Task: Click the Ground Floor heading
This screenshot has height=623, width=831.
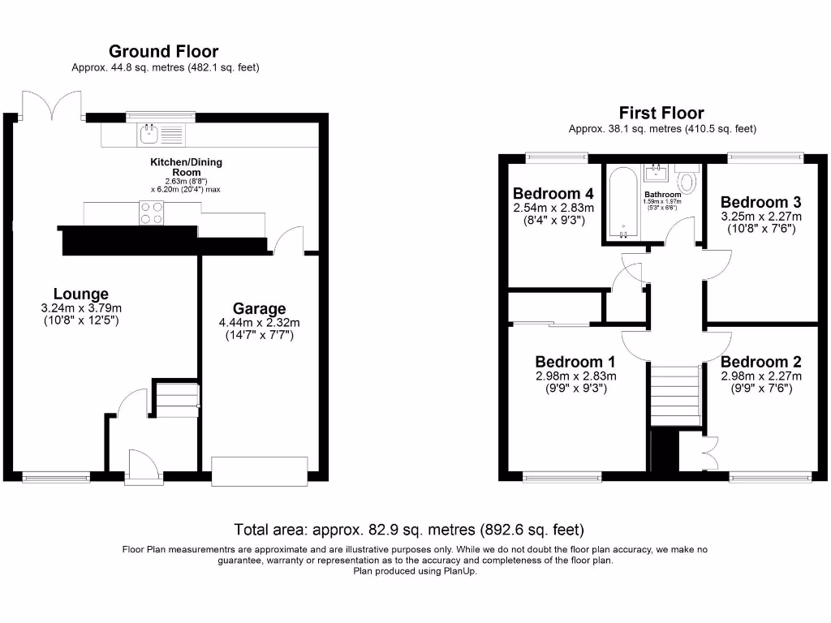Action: click(x=164, y=52)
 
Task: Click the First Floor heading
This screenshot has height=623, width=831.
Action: click(x=661, y=113)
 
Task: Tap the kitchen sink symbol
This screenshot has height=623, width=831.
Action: click(x=151, y=131)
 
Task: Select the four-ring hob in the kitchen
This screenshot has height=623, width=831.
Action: click(x=151, y=213)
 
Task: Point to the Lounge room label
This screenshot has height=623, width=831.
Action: click(x=80, y=294)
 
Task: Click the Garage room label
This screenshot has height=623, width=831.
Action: click(x=259, y=308)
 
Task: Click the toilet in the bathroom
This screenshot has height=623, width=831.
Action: click(x=688, y=179)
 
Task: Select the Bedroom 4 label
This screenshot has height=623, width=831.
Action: click(x=553, y=194)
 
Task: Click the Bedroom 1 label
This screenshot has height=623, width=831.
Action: click(x=575, y=362)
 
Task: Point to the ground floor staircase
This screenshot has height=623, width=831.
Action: click(x=176, y=399)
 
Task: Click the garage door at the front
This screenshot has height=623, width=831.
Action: click(x=259, y=469)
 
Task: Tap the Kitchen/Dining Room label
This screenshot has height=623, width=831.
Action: click(x=186, y=167)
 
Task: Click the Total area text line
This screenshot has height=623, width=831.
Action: click(x=409, y=531)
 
